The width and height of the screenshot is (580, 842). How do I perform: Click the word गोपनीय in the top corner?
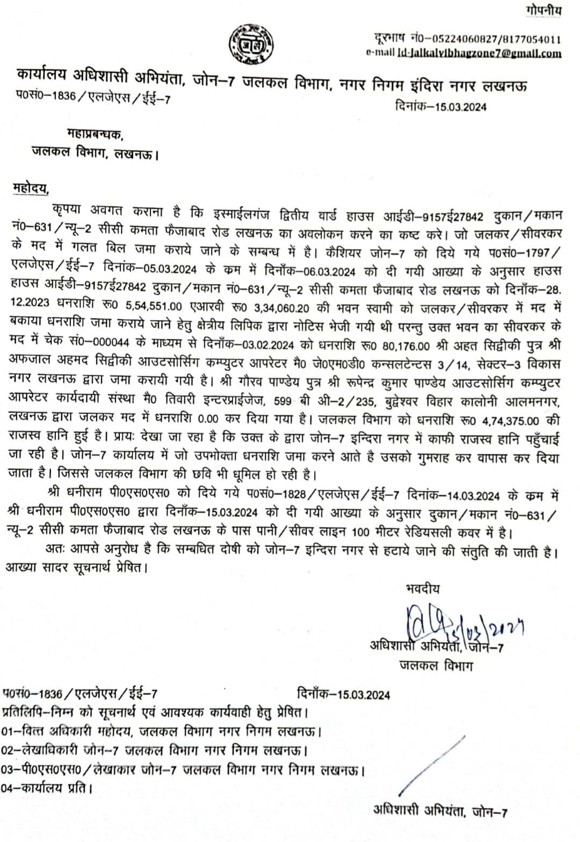(x=543, y=10)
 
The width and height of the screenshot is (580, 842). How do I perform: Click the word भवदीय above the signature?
(x=422, y=589)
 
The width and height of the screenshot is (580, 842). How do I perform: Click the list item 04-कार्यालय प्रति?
(x=47, y=788)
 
